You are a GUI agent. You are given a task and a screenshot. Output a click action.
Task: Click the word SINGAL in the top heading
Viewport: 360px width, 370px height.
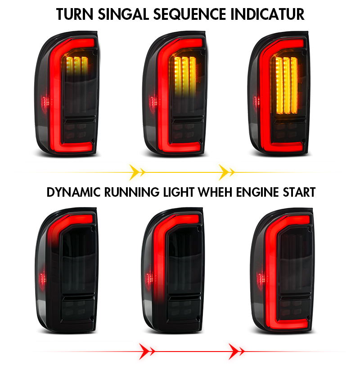[124, 14]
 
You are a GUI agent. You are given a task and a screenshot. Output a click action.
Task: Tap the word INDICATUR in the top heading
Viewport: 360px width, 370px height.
[267, 14]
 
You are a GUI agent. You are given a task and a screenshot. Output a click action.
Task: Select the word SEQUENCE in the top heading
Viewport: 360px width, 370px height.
[190, 14]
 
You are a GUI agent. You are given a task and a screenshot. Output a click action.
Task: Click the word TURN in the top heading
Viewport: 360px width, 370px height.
[75, 14]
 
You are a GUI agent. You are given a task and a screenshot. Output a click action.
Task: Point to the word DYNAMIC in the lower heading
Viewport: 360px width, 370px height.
[74, 192]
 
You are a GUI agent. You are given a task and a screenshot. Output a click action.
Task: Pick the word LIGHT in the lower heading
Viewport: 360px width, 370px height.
[179, 192]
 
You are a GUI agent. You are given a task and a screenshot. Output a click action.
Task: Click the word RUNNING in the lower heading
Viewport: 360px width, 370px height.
[132, 192]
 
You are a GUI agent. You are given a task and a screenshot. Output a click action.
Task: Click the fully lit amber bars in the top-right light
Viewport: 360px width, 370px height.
[287, 86]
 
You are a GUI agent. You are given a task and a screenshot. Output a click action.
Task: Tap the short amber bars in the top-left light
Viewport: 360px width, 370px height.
[77, 65]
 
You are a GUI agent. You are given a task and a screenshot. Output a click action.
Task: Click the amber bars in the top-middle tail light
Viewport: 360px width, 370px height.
[185, 76]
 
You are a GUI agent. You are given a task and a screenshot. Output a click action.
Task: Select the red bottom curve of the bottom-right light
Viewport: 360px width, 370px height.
[289, 325]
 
